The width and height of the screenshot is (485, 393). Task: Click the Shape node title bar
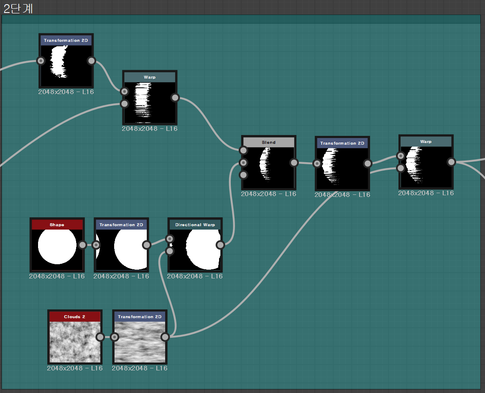(x=57, y=225)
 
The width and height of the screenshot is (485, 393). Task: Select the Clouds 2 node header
(x=74, y=317)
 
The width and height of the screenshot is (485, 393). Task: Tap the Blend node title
(x=268, y=143)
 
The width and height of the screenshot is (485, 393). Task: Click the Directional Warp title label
(x=195, y=225)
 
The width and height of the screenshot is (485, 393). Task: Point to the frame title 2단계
(x=18, y=8)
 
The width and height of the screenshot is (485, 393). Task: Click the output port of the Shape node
(x=82, y=245)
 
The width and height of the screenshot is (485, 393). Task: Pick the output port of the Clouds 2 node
(x=100, y=337)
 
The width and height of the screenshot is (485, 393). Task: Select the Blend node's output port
(x=294, y=163)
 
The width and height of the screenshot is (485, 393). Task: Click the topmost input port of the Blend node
(x=243, y=151)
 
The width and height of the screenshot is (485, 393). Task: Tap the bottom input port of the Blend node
(x=243, y=175)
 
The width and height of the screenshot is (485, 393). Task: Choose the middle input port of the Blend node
(x=243, y=163)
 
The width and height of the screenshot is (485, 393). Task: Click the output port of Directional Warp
(x=220, y=245)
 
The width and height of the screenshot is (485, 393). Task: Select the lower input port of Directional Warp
(x=169, y=251)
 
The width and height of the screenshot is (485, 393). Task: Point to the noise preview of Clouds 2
(x=75, y=342)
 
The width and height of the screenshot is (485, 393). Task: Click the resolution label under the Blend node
(x=268, y=194)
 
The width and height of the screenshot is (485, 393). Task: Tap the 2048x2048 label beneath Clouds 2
(x=74, y=368)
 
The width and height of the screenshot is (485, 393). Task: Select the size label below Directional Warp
(x=195, y=276)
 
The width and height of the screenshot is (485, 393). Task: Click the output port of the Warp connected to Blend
(x=175, y=98)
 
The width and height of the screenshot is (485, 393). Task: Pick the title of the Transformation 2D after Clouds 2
(x=140, y=317)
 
